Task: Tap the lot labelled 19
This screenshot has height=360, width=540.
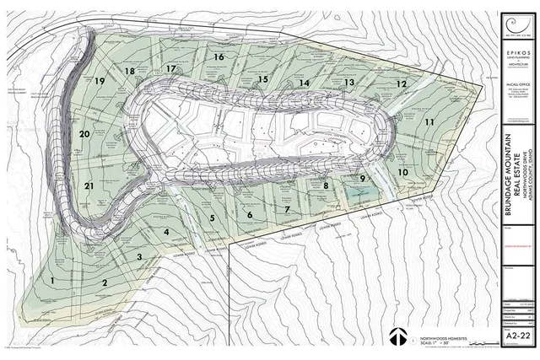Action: (100, 81)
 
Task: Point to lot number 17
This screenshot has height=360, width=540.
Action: (171, 68)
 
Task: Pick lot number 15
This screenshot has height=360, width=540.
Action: (262, 79)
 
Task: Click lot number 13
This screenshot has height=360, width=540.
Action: (348, 83)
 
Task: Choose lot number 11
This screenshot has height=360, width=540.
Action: (429, 122)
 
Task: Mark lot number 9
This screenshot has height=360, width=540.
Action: (362, 179)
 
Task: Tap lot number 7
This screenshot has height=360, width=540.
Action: (287, 209)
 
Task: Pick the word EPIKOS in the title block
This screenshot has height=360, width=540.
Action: (517, 52)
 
